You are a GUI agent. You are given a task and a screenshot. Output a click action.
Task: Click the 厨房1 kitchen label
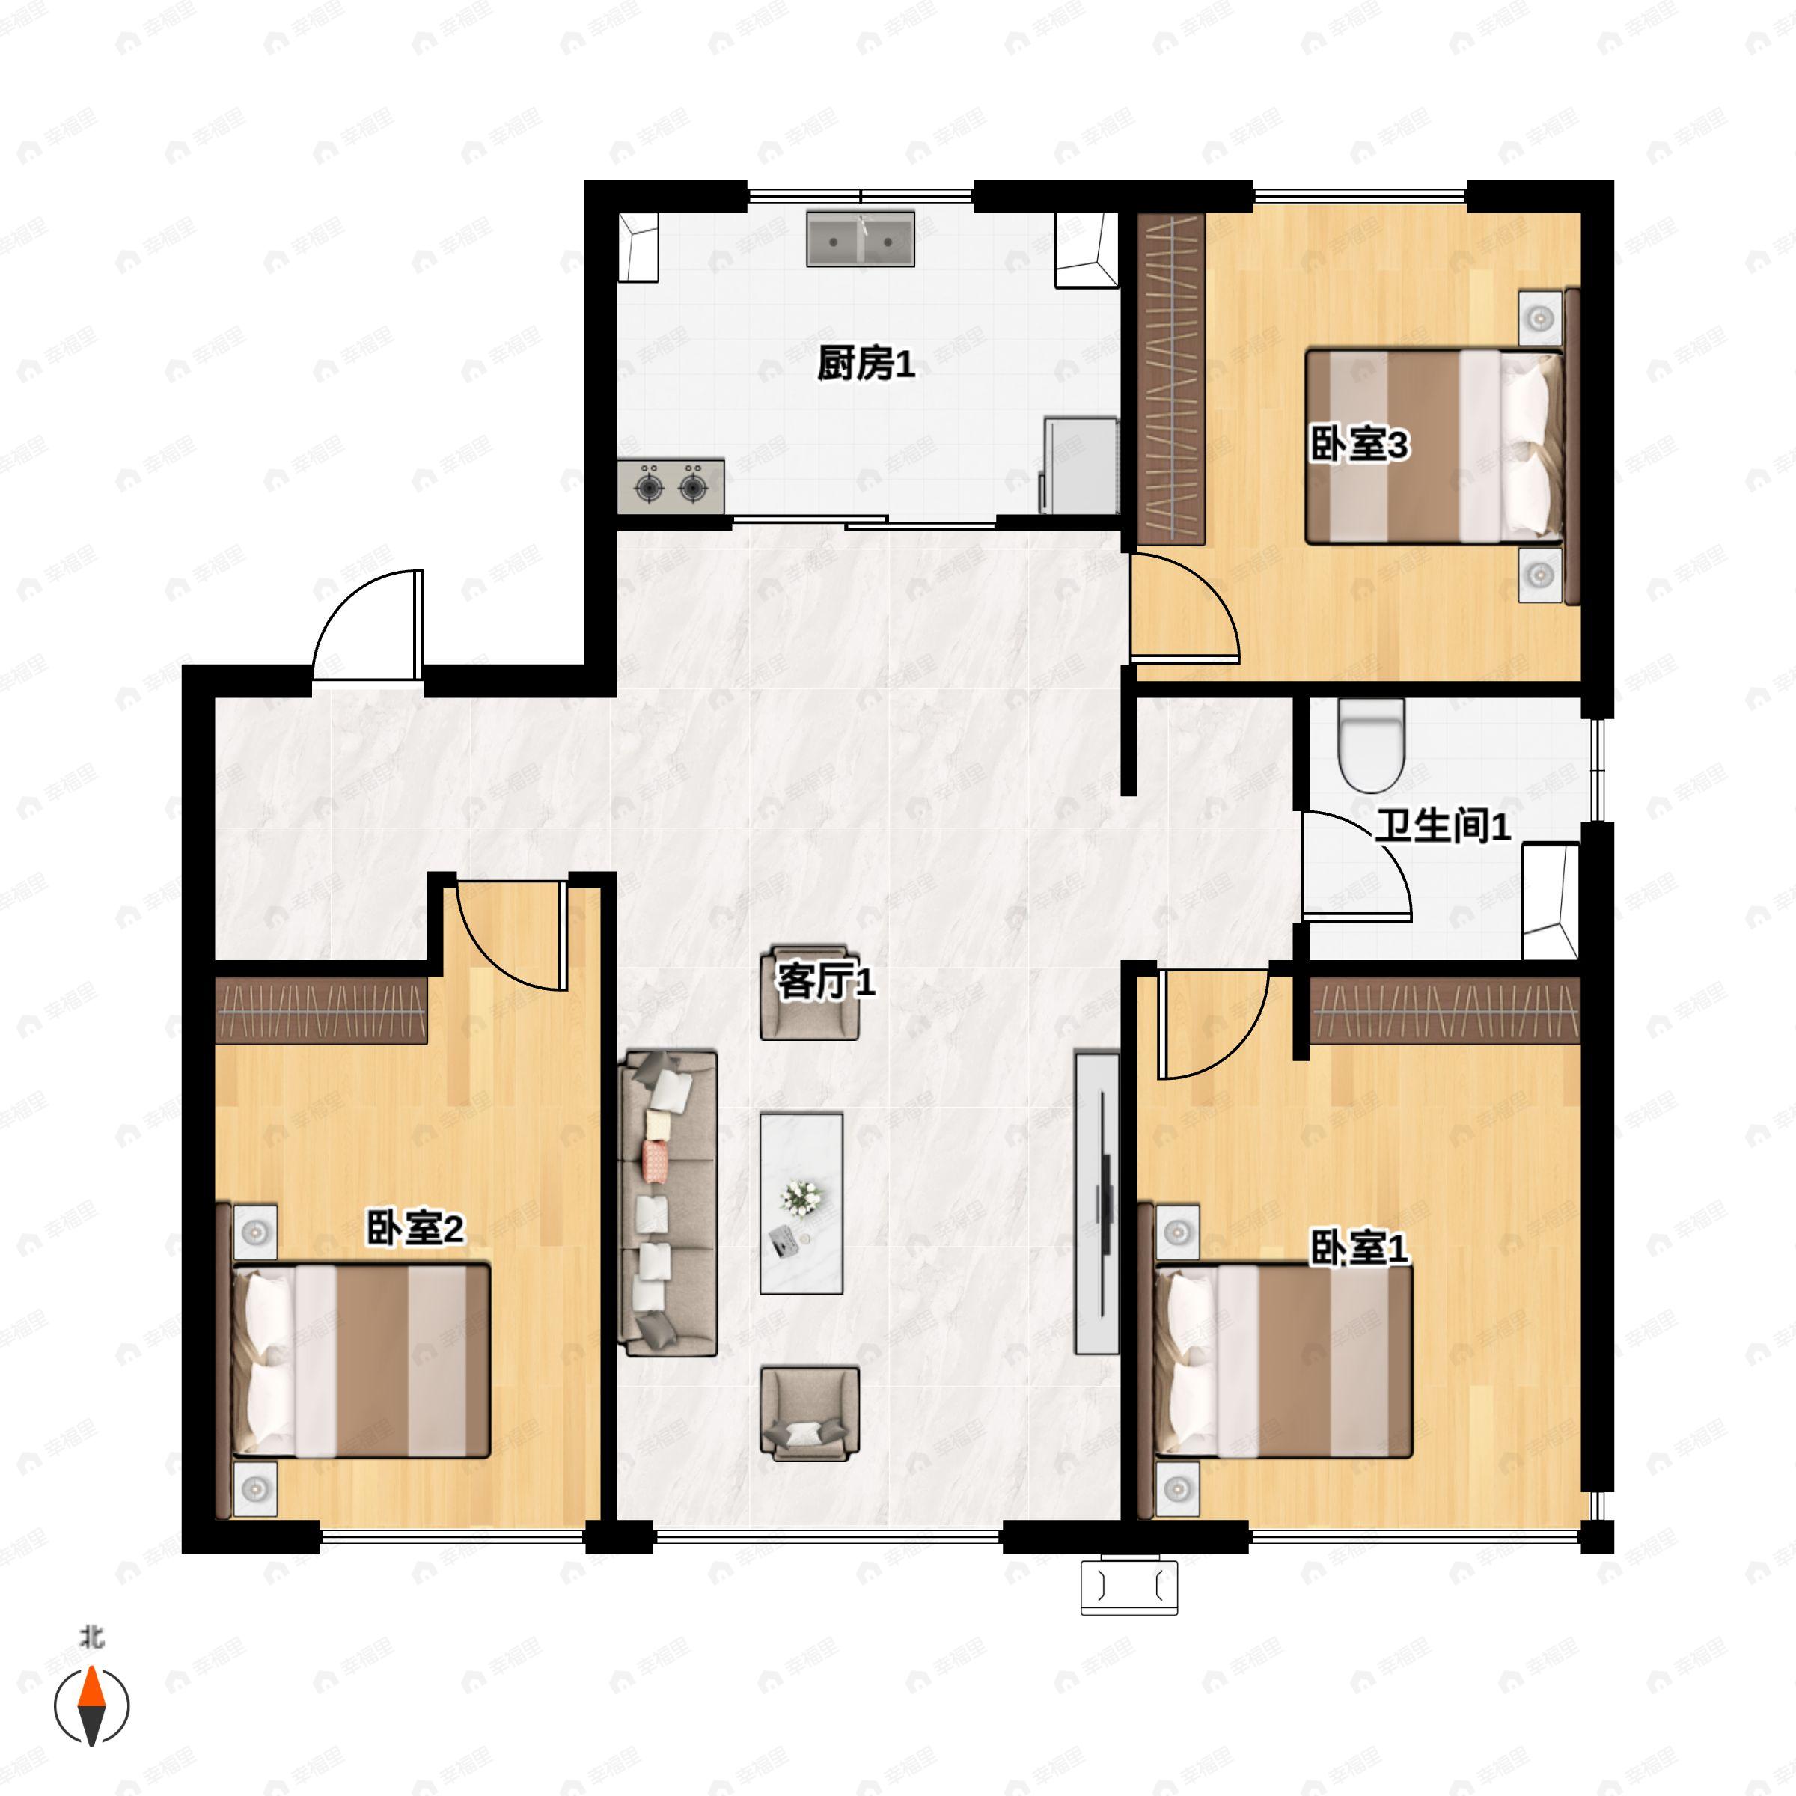(x=866, y=364)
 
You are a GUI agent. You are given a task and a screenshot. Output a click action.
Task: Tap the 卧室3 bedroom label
(x=1358, y=445)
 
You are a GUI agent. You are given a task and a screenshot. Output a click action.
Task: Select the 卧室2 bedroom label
(x=415, y=1228)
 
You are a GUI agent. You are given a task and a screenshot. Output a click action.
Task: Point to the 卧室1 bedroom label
(x=1358, y=1247)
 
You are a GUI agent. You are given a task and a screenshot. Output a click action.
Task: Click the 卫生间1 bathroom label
(x=1443, y=825)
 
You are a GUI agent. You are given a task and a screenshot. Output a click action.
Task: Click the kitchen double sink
(x=860, y=239)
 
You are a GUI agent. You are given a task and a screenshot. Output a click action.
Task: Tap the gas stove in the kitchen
(x=671, y=485)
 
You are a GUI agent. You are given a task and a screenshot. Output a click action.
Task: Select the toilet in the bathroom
(x=1370, y=745)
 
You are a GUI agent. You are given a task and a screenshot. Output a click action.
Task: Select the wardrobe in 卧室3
(x=1170, y=379)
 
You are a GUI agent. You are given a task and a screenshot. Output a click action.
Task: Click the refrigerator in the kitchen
(x=1079, y=465)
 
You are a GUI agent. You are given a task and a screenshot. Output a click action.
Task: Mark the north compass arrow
(x=91, y=1707)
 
